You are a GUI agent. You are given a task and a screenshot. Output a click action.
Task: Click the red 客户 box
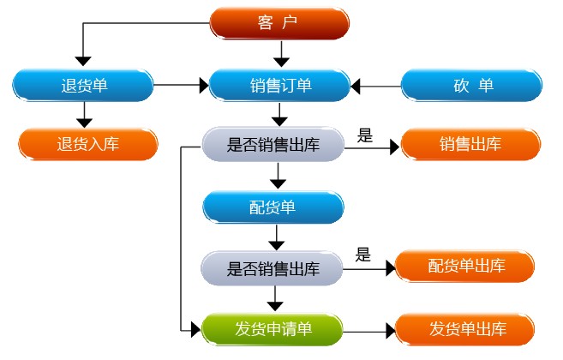coord(279,23)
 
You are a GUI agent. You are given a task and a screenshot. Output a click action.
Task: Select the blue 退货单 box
coord(83,86)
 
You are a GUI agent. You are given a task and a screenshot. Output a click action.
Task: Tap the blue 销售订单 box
coord(279,86)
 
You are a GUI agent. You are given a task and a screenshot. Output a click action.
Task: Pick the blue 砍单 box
coord(471,86)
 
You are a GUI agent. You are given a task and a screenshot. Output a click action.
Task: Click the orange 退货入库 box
coord(88,144)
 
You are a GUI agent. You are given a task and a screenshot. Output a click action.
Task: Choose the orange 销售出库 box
coord(470,144)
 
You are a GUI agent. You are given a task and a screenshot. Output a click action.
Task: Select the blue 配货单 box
coord(273,207)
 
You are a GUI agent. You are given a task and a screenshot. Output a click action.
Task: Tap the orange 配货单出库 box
coord(465,267)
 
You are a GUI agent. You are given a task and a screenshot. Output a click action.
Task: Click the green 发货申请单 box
coord(273,329)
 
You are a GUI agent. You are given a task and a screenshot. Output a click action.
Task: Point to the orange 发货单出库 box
coord(465,329)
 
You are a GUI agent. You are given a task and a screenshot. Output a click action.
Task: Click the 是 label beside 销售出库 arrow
coord(365,135)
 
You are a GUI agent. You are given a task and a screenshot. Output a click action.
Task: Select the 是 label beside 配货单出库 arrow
coord(363,255)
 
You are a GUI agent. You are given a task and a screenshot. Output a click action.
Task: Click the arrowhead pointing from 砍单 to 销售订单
coord(355,87)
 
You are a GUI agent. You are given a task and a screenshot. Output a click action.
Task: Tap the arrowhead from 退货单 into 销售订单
coord(204,86)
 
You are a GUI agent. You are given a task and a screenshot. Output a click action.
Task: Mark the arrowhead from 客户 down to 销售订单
coord(281,62)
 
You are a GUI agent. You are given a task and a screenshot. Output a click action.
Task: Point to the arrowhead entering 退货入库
coord(84,123)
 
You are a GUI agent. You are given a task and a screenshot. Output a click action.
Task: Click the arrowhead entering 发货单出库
coord(391,331)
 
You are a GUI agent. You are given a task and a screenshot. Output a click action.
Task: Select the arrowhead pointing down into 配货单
coord(278,184)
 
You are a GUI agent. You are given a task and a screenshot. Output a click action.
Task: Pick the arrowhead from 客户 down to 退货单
coord(83,61)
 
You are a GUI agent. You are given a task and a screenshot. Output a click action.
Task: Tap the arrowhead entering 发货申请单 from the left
coord(195,330)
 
